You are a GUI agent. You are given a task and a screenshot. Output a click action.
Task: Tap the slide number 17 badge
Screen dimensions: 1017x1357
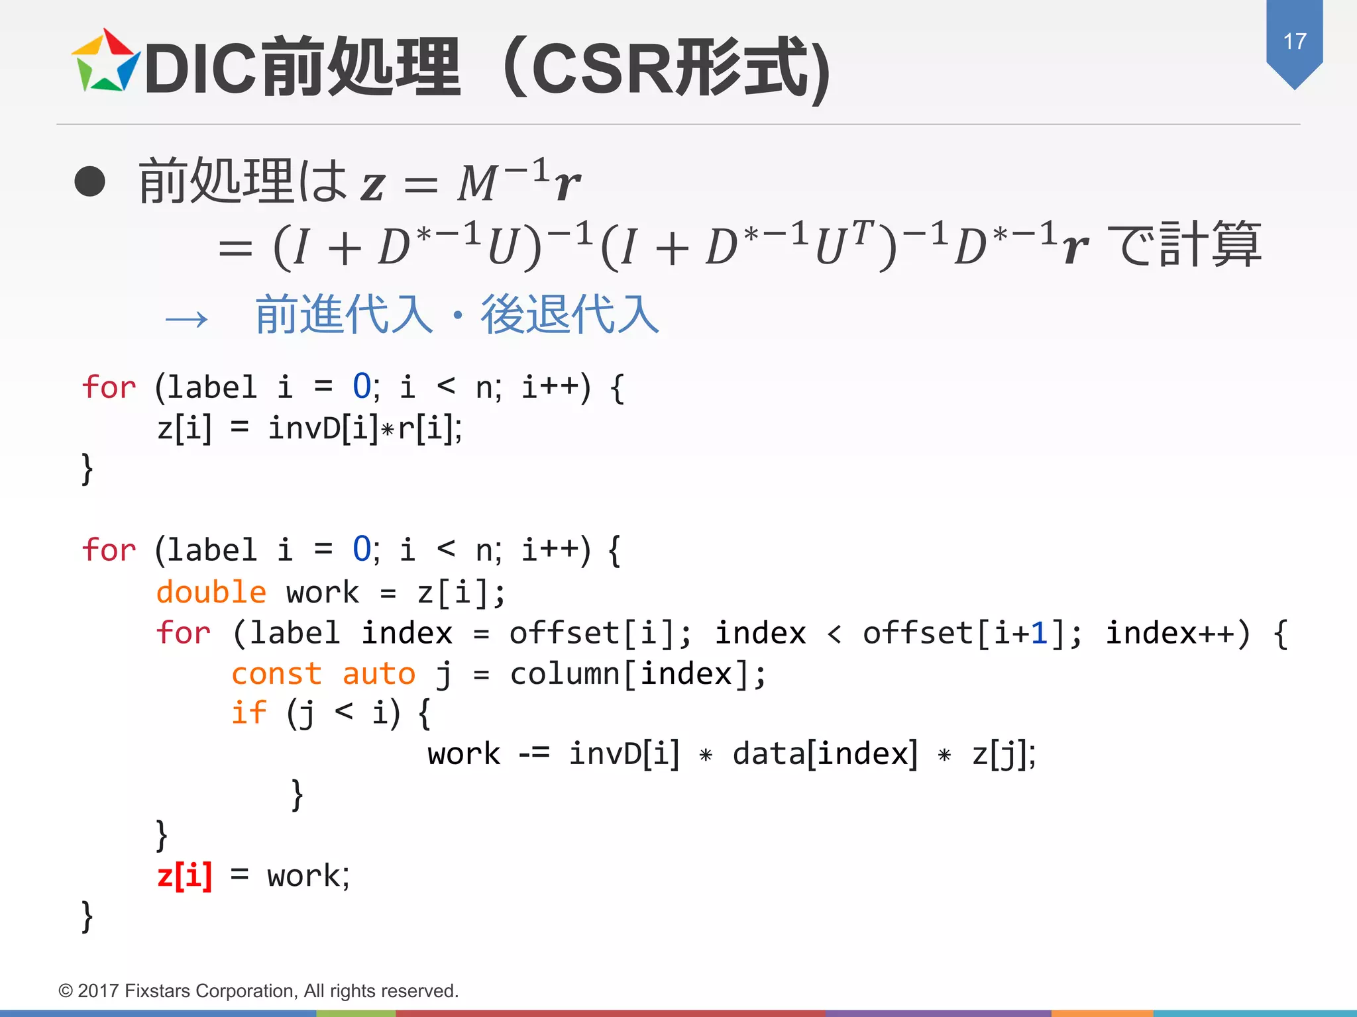click(x=1294, y=42)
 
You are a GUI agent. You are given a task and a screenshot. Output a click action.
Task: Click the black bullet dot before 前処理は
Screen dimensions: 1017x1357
click(x=90, y=181)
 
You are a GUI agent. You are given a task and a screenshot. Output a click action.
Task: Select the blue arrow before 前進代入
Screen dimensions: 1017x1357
click(x=187, y=320)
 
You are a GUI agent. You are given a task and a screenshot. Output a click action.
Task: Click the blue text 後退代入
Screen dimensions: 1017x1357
click(x=570, y=315)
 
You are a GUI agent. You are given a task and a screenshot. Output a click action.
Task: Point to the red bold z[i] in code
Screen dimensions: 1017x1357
click(x=185, y=876)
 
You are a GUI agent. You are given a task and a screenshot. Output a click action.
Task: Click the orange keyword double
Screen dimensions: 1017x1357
click(x=211, y=592)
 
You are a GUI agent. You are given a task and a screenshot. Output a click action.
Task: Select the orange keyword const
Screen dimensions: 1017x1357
click(x=276, y=674)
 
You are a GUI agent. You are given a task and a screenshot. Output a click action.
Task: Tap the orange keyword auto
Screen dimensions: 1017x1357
click(x=378, y=674)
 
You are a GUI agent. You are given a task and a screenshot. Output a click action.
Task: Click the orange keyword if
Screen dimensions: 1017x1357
click(x=248, y=714)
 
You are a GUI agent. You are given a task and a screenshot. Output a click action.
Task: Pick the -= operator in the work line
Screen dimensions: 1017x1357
click(x=533, y=753)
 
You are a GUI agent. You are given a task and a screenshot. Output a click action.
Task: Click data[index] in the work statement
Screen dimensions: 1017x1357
click(x=825, y=754)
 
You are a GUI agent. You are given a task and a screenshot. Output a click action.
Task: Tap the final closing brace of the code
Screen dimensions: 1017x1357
click(x=87, y=916)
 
